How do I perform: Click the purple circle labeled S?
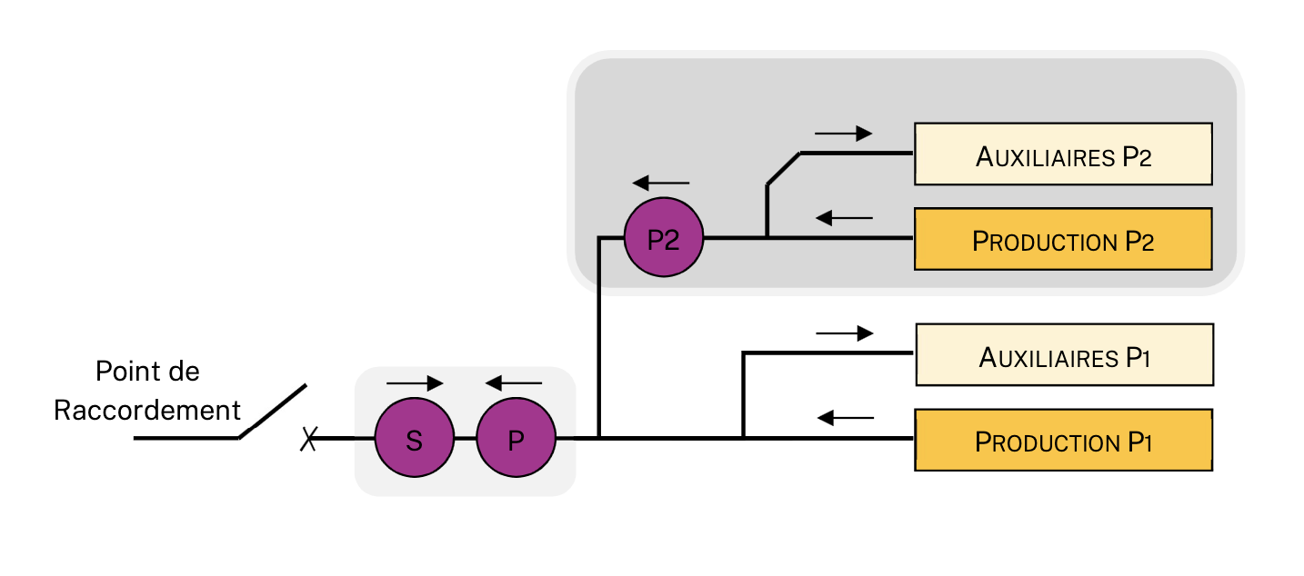[x=415, y=440]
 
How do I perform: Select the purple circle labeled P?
[x=516, y=440]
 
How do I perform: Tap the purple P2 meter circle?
[x=664, y=238]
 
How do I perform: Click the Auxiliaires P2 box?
[x=1063, y=154]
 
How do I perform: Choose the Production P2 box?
[x=1063, y=239]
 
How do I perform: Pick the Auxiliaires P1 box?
[x=1064, y=354]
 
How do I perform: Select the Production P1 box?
[x=1063, y=440]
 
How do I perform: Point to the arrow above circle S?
[x=415, y=383]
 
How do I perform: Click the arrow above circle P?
[x=514, y=383]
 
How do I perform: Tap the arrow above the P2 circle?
[x=662, y=182]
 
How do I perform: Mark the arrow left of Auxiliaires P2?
[x=843, y=134]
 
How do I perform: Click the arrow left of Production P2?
[x=844, y=218]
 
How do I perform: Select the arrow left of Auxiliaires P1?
[x=844, y=333]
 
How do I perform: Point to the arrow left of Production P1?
[x=845, y=418]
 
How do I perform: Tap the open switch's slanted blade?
[x=272, y=412]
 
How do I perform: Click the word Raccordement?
[x=146, y=410]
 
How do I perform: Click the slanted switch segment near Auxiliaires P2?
[x=784, y=169]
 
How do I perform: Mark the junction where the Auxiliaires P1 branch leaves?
[x=744, y=438]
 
